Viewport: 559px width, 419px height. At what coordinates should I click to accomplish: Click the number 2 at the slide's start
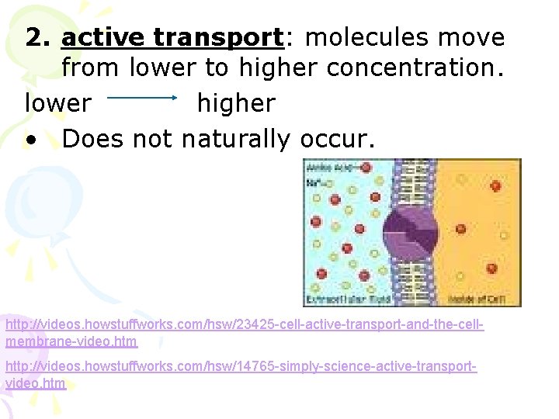tap(35, 37)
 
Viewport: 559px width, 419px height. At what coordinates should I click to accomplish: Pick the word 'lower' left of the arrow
tap(57, 103)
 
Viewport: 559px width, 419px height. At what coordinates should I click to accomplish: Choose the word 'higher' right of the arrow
tap(235, 103)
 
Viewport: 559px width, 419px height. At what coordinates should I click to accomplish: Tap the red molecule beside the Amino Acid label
tap(365, 168)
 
